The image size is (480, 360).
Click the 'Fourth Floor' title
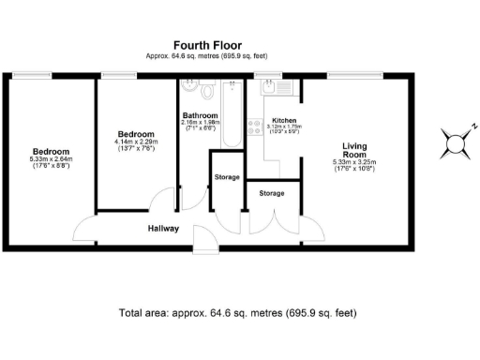tap(207, 44)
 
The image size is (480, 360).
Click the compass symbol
tap(455, 144)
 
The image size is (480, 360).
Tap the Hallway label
tap(164, 228)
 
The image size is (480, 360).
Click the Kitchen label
tap(284, 121)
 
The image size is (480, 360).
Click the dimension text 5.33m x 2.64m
tap(51, 159)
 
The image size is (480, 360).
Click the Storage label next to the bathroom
tap(226, 176)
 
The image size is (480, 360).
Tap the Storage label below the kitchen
tap(272, 193)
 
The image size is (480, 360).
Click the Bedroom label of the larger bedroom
tap(51, 151)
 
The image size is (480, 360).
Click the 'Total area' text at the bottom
tap(237, 312)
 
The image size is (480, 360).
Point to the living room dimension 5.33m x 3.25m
tap(354, 162)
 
